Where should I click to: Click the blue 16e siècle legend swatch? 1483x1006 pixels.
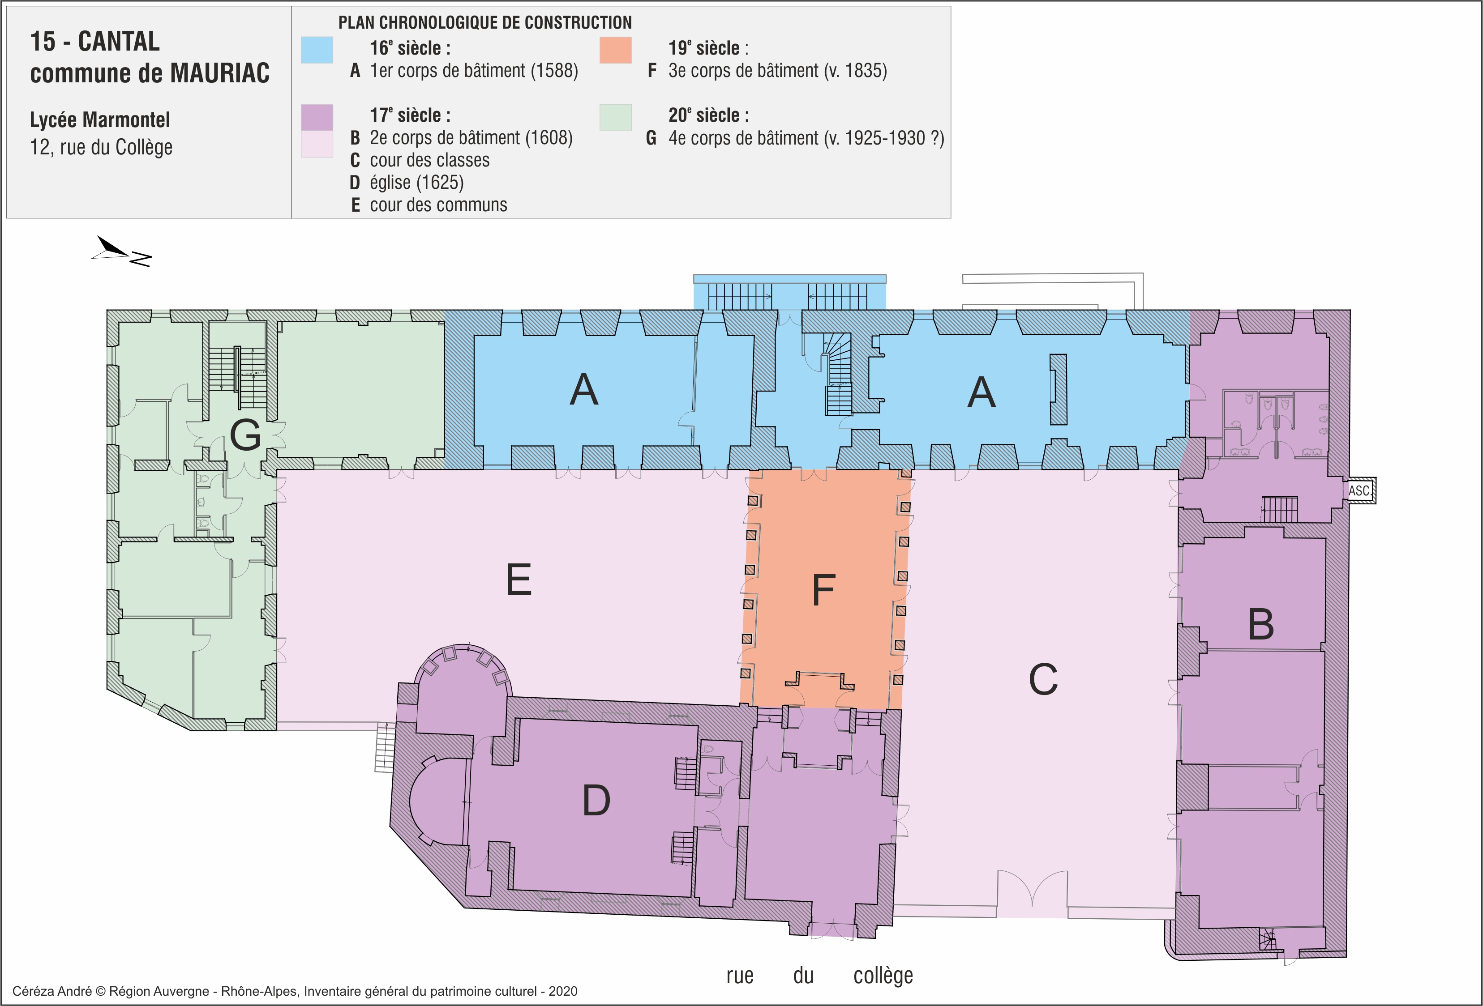pos(317,50)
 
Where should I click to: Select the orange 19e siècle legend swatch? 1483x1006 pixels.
pos(615,50)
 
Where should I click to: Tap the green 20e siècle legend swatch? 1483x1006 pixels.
pos(615,117)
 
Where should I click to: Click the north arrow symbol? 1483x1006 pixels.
pos(121,251)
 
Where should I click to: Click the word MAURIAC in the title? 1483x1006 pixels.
pos(219,73)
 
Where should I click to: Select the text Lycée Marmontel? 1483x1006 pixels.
pos(100,120)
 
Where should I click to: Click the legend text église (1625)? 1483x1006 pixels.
pos(417,183)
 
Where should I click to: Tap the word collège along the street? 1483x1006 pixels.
pos(883,976)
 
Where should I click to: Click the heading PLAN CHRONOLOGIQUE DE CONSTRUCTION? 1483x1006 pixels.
pos(485,22)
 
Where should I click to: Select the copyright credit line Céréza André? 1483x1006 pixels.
pos(295,991)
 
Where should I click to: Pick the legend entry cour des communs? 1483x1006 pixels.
pos(438,205)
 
